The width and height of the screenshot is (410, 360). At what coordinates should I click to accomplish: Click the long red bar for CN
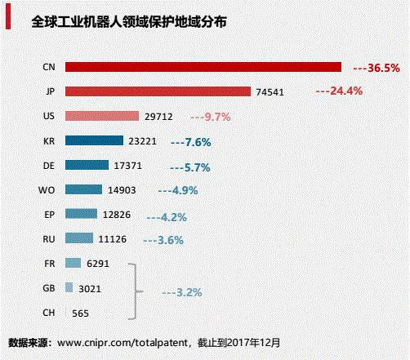click(x=203, y=67)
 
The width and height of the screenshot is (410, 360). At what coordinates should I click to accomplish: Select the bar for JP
click(x=158, y=91)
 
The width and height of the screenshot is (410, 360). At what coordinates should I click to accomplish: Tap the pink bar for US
click(x=96, y=116)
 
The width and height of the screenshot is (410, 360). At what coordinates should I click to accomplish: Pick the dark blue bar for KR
click(x=93, y=140)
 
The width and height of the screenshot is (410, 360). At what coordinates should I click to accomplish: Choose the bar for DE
click(x=86, y=165)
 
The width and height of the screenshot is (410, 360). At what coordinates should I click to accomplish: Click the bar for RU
click(x=78, y=238)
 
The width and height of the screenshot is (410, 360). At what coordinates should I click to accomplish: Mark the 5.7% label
click(x=192, y=167)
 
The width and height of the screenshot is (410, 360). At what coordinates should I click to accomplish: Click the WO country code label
click(x=47, y=190)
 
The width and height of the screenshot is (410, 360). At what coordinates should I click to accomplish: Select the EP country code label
click(x=48, y=215)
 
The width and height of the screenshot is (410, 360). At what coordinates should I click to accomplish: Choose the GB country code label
click(x=48, y=288)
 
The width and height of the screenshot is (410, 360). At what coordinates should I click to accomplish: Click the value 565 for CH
click(x=81, y=313)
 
